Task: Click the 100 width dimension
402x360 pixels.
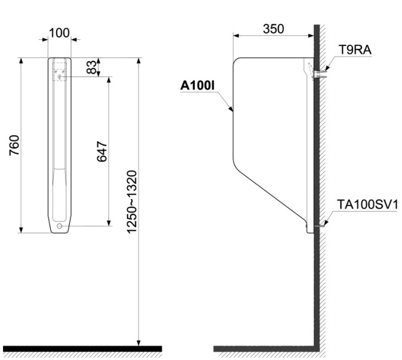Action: tap(59, 32)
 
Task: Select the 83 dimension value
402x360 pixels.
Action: tap(92, 67)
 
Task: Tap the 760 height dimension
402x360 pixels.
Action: tap(14, 145)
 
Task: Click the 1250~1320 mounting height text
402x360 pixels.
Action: tap(132, 201)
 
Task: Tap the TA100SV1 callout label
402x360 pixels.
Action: tap(365, 205)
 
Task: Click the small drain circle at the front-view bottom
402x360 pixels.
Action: tap(59, 226)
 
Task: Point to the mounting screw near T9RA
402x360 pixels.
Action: tap(320, 74)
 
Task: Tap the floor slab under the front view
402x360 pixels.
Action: tap(82, 349)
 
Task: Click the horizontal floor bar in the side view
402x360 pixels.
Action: tap(262, 349)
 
